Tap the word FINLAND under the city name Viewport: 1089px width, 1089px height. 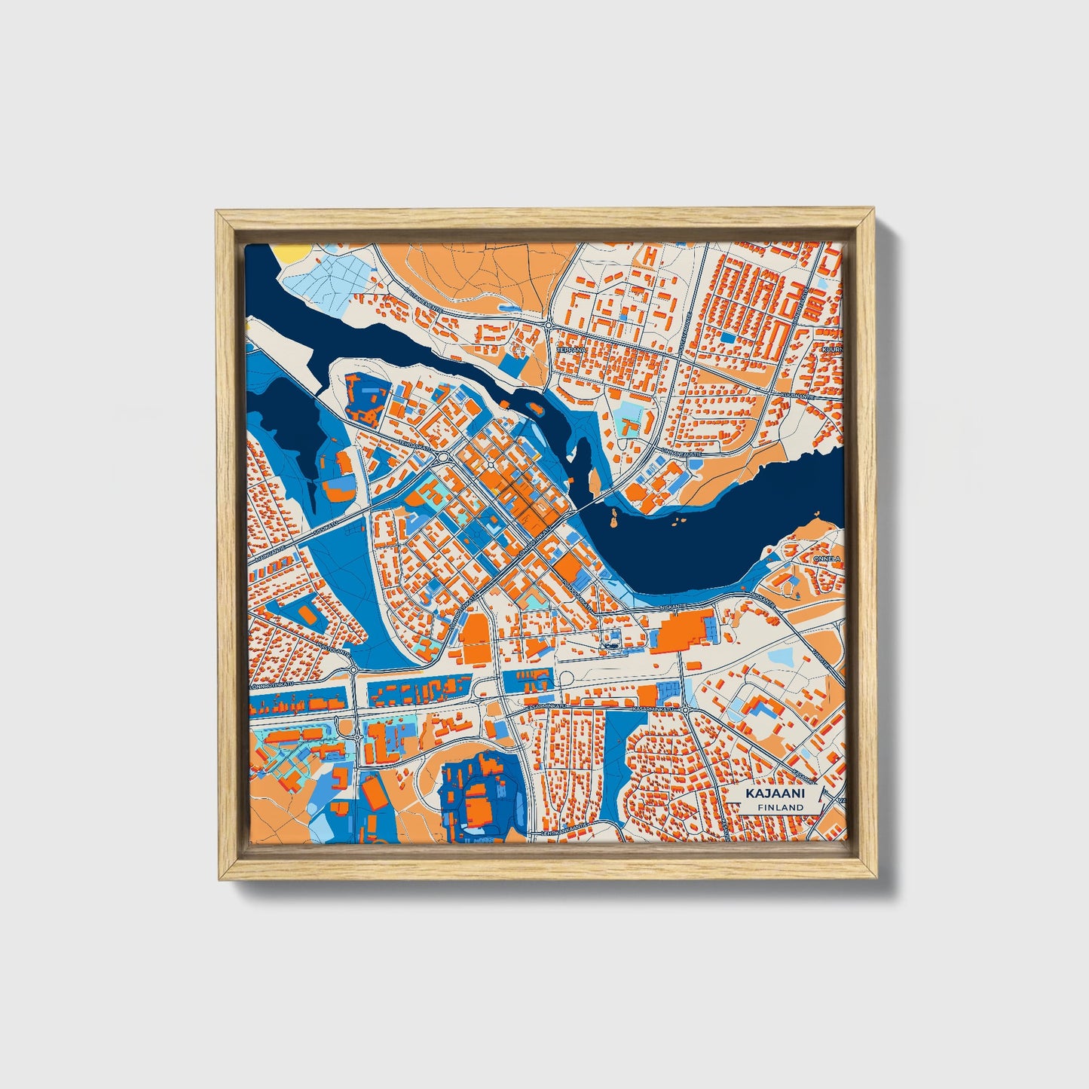tap(781, 807)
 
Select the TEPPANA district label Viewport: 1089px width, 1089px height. tap(571, 350)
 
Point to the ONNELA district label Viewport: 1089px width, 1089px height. tap(827, 558)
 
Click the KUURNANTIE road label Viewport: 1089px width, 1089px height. tap(797, 395)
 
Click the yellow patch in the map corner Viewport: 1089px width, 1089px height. tap(292, 252)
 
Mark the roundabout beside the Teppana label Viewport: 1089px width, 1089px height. tap(549, 325)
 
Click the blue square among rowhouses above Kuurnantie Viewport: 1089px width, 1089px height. tap(727, 338)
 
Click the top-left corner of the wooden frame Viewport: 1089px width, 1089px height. tap(218, 213)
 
